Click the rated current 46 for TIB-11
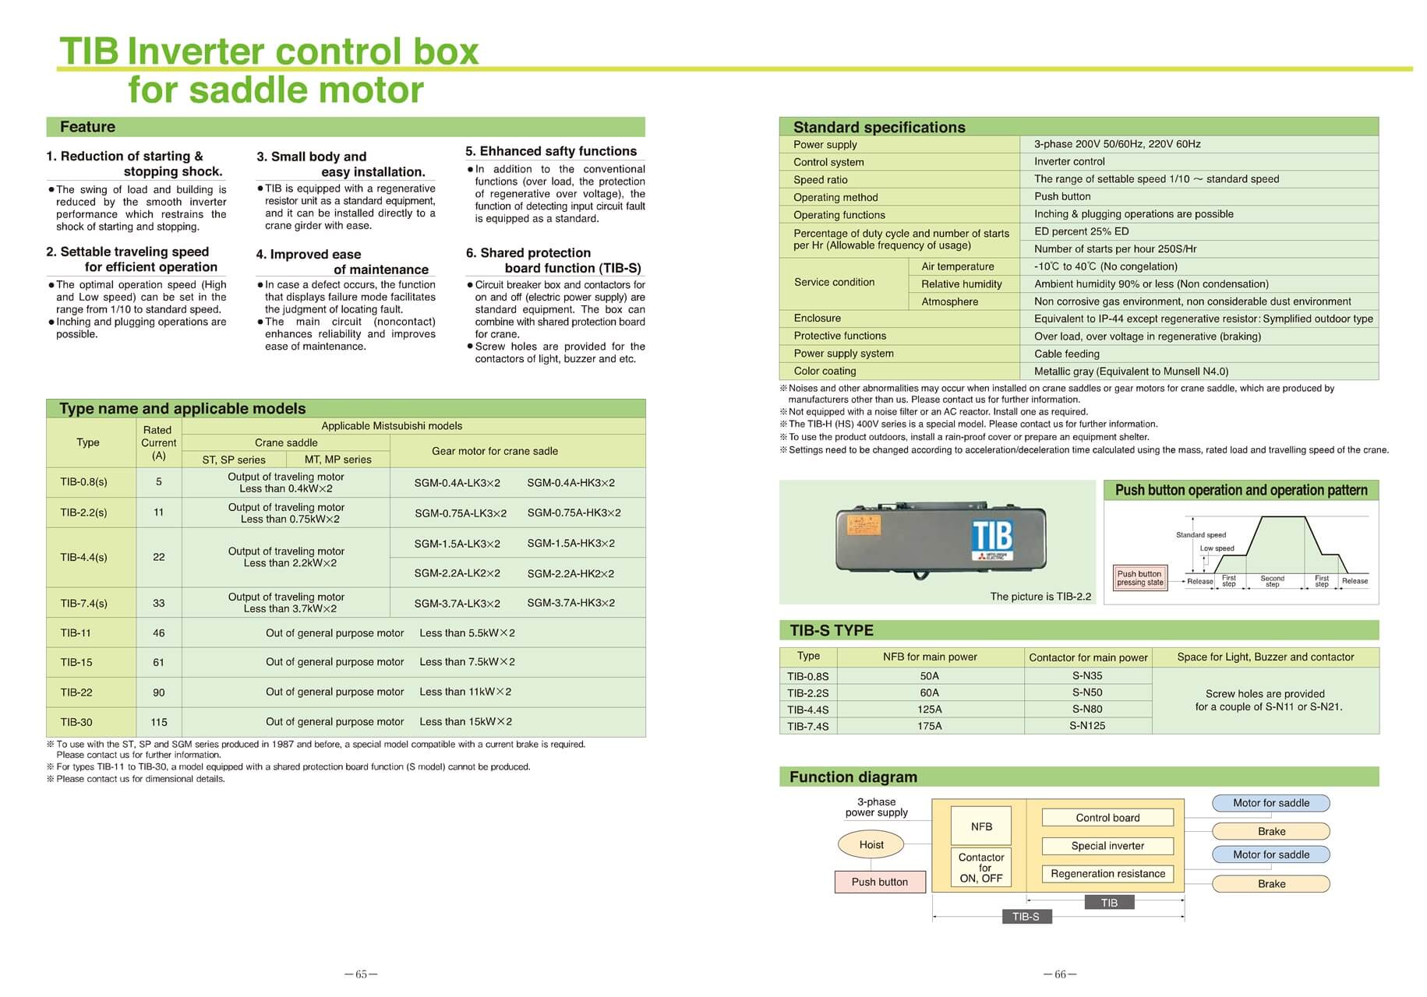pos(159,633)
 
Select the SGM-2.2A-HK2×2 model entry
pos(570,574)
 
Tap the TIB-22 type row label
pos(76,692)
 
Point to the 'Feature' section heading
pos(87,127)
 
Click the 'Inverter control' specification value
pos(1069,162)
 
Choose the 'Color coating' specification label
pos(825,372)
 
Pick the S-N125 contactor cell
pos(1087,726)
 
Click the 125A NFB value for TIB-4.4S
pos(930,710)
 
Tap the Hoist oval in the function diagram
pos(871,844)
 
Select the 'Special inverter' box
pos(1107,846)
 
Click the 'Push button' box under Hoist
pos(880,882)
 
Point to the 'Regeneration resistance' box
pos(1107,874)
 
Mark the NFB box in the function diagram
pos(981,826)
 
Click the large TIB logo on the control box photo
pos(992,536)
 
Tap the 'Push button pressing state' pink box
pos(1139,578)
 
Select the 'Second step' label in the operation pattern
pos(1272,581)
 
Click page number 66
pos(1060,974)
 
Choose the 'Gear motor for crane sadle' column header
pos(495,451)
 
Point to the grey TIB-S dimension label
pos(1026,917)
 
